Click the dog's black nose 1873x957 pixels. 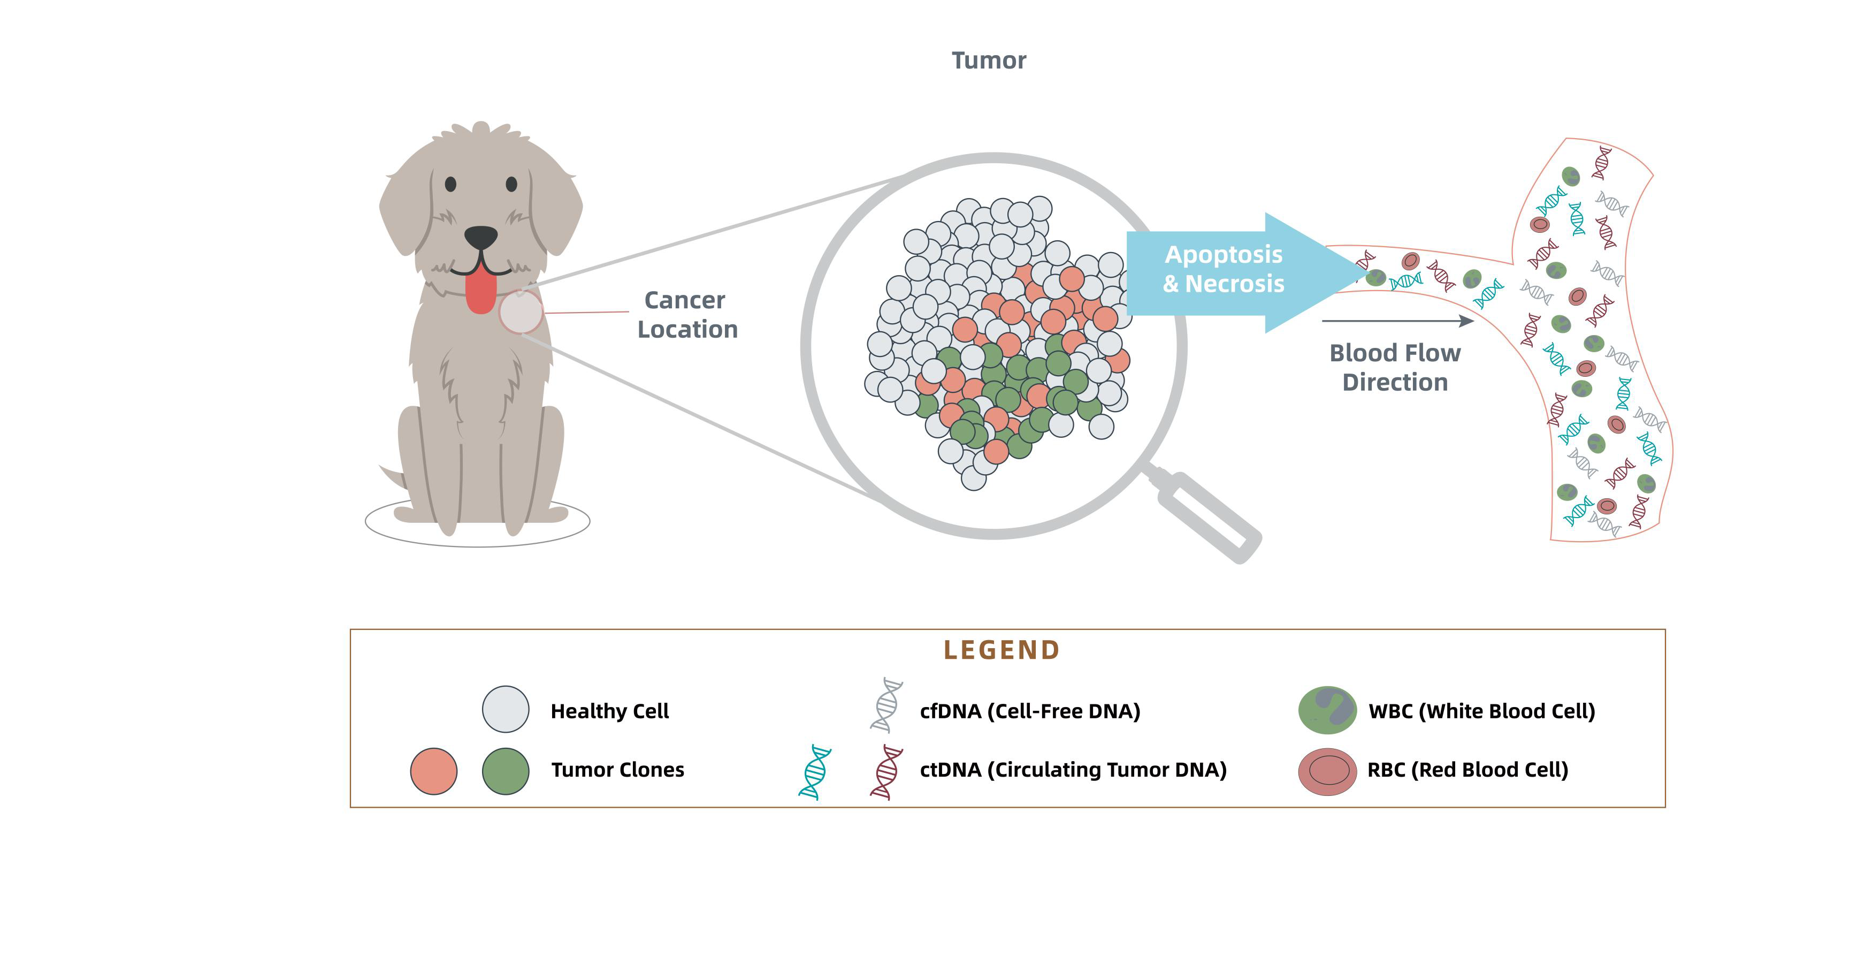[x=480, y=237]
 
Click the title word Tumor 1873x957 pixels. [x=989, y=60]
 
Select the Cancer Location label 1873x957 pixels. [x=686, y=315]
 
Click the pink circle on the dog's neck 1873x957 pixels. [x=521, y=312]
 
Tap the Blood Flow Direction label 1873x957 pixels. [x=1395, y=367]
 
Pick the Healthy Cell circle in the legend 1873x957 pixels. [x=506, y=709]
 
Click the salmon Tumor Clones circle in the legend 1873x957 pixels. [x=433, y=771]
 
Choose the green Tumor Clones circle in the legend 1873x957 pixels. [x=506, y=771]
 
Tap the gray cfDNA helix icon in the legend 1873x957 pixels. [x=886, y=705]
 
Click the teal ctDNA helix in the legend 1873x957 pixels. [x=815, y=772]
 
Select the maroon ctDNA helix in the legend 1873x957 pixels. [x=886, y=772]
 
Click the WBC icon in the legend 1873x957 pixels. [x=1327, y=710]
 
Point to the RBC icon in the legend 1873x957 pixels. [x=1327, y=771]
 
